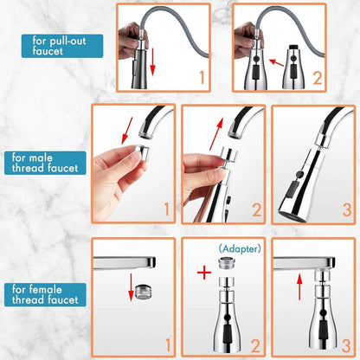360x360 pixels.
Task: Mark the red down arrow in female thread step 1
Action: pos(131,286)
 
